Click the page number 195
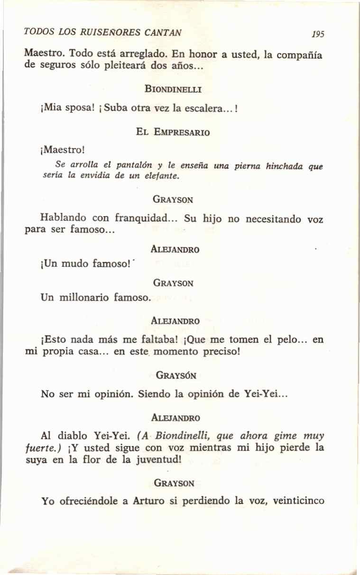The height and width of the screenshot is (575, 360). pos(318,35)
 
